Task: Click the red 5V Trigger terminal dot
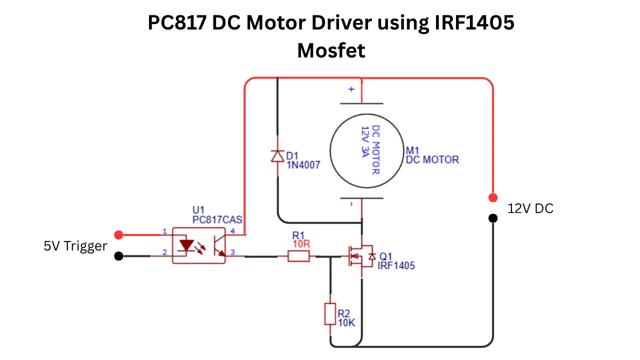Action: point(118,235)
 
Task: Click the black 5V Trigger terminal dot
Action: point(118,256)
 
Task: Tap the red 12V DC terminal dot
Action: point(493,197)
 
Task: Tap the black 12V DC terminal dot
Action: point(493,218)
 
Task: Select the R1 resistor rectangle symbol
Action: point(298,256)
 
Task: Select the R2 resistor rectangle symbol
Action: point(330,314)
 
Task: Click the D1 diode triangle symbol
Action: point(277,156)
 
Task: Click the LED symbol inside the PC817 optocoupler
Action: point(186,245)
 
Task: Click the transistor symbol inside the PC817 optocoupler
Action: point(219,245)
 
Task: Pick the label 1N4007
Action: point(303,165)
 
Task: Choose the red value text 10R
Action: point(301,243)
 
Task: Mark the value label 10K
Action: point(346,322)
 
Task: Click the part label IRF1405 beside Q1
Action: point(396,265)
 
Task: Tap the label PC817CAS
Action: point(217,219)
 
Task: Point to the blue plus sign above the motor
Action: point(351,89)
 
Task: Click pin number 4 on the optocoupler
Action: point(232,231)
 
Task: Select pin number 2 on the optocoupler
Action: point(164,252)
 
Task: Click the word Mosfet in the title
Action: point(331,50)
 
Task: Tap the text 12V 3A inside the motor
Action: point(365,141)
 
